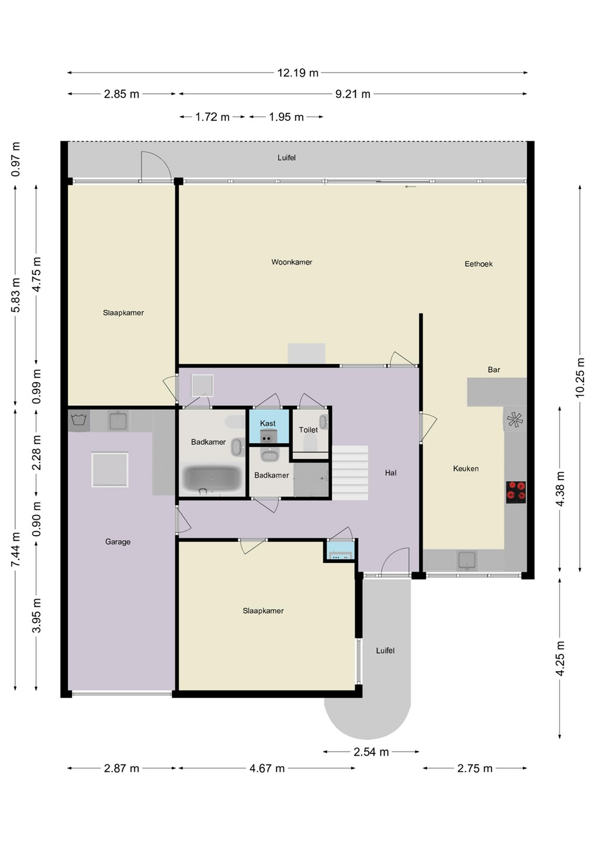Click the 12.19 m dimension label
pos(297,73)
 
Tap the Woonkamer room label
pos(292,262)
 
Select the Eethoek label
pos(479,264)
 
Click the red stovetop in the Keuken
pos(516,492)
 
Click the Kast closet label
pos(268,423)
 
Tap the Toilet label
pos(309,430)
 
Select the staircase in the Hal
pos(350,472)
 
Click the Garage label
pos(118,542)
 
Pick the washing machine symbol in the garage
pos(79,420)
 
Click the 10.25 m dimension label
pos(580,377)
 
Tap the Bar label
pos(494,370)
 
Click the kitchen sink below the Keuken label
pos(467,560)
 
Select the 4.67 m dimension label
pos(267,768)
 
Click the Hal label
pos(390,473)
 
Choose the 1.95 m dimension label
pos(286,117)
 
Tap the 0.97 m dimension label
pos(16,159)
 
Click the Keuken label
pos(466,468)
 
